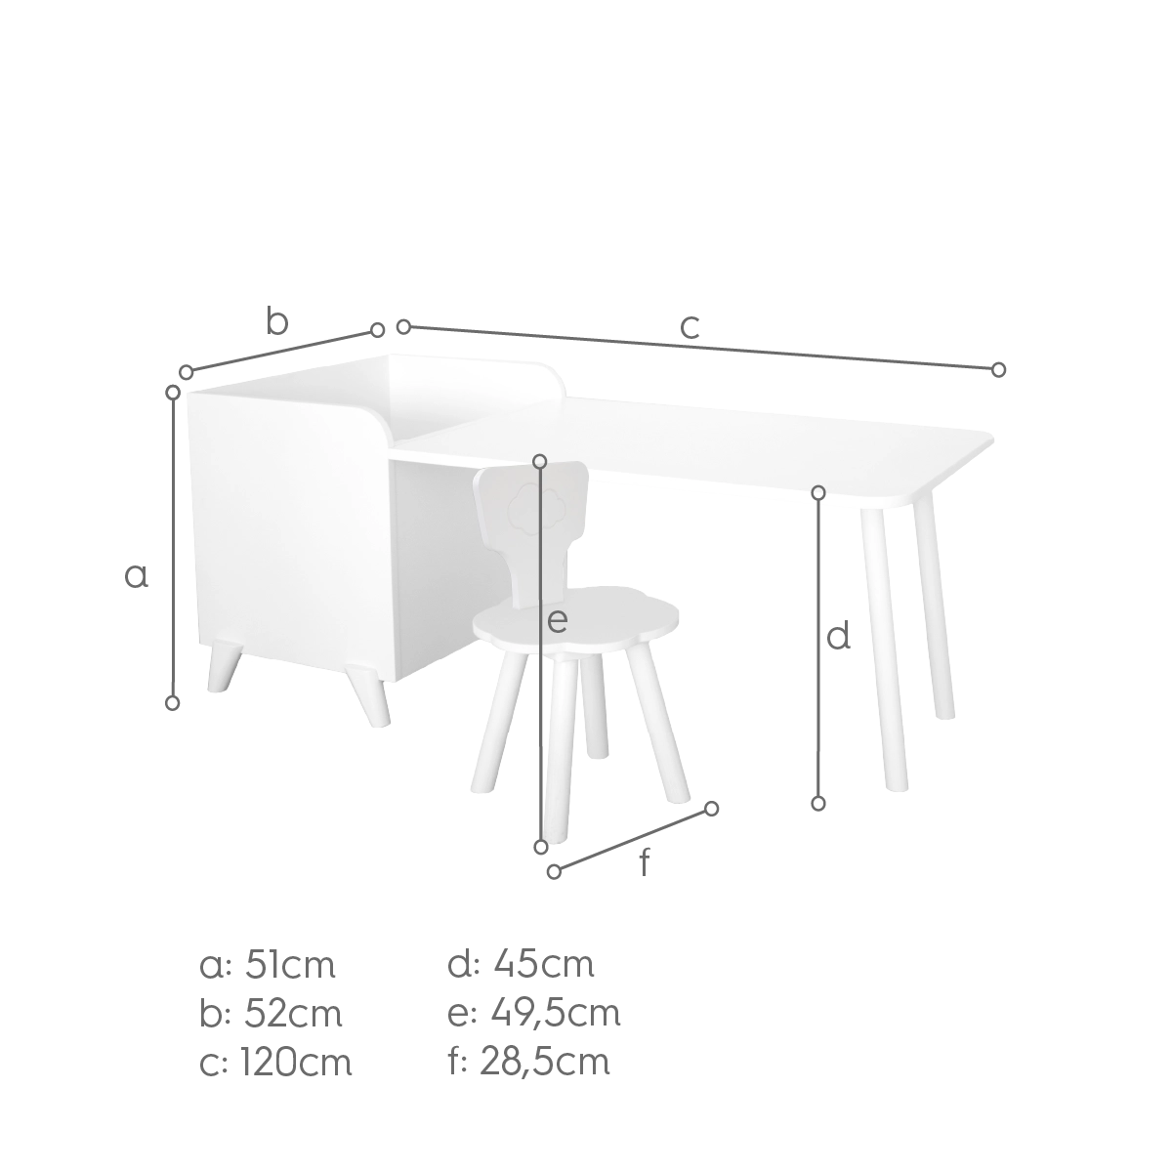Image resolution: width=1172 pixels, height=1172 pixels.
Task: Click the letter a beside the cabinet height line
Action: (136, 576)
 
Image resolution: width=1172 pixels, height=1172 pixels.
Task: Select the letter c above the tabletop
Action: (690, 327)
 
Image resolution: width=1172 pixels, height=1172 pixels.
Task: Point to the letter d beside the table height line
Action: (838, 636)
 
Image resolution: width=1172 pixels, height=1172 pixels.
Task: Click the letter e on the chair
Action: (557, 621)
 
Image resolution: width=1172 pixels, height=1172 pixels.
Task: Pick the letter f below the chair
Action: (646, 861)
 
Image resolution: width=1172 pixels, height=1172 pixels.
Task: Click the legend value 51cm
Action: (289, 966)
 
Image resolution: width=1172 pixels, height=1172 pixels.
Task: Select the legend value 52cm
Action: (293, 1015)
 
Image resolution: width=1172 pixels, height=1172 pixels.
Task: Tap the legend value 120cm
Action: (296, 1064)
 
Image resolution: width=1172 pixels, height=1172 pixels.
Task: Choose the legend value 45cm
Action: (544, 966)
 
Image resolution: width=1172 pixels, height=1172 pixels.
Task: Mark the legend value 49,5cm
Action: (556, 1016)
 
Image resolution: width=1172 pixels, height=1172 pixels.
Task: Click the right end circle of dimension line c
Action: (998, 369)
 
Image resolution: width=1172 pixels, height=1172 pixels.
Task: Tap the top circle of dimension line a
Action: (173, 393)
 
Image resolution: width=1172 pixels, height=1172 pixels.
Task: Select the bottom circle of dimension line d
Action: (818, 804)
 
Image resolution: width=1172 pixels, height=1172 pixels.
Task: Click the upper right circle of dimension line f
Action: (712, 809)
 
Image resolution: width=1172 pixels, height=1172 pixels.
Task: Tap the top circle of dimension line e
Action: (539, 462)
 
